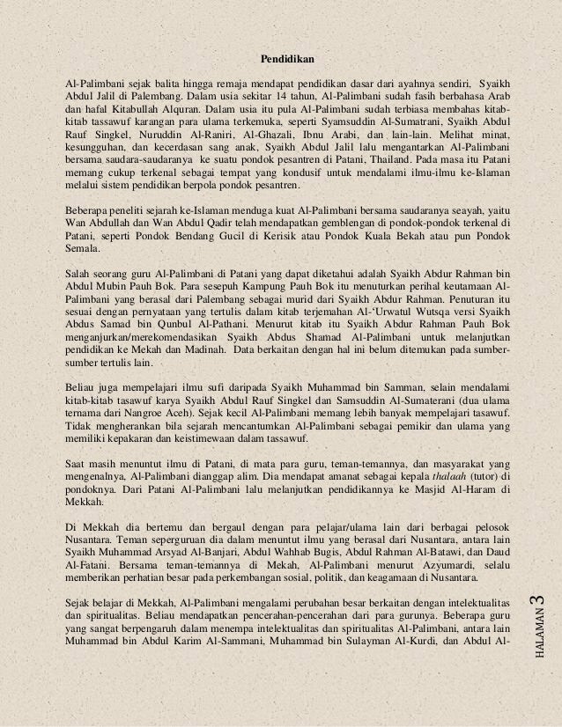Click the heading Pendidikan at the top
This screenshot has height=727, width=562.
pos(288,60)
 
